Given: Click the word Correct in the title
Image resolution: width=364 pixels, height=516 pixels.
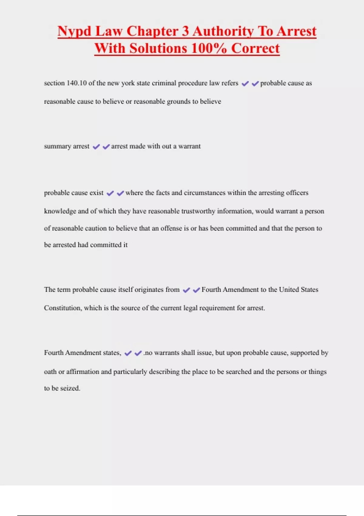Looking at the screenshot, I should coord(255,49).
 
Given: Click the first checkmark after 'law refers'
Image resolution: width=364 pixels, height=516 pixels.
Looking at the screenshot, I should coord(245,83).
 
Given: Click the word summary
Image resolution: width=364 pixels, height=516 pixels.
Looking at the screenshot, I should coord(57,146).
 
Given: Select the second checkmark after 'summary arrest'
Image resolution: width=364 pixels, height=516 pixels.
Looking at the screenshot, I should coord(106,147).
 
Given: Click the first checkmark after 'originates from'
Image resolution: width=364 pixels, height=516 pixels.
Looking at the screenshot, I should coord(186,290).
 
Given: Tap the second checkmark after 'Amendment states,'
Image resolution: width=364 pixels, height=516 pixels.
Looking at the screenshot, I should coord(138,353).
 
